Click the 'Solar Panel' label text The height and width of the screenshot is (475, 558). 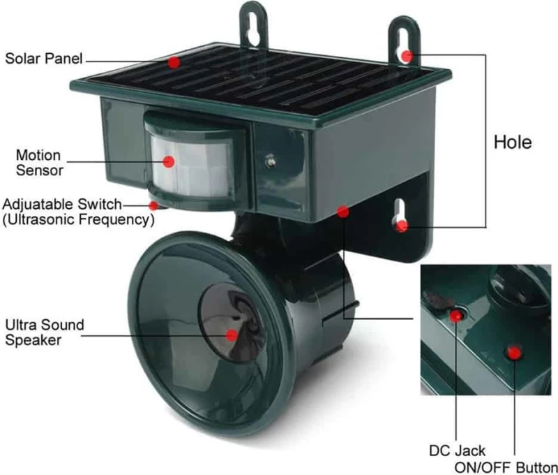click(44, 59)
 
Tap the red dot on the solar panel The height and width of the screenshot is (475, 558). click(174, 62)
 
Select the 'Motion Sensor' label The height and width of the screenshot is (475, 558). click(39, 163)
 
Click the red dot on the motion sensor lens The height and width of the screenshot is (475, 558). click(169, 161)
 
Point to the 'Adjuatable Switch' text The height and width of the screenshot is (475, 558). click(62, 204)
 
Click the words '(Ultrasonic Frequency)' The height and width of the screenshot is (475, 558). click(78, 219)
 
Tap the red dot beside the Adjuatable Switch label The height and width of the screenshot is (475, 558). click(153, 205)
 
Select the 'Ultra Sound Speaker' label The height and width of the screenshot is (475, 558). click(45, 332)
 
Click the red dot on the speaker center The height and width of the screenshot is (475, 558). click(232, 335)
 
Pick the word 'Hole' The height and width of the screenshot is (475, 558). click(513, 142)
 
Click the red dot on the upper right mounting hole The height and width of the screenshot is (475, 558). click(407, 56)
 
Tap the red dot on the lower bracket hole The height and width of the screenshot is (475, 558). click(402, 226)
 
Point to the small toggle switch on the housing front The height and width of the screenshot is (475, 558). click(271, 161)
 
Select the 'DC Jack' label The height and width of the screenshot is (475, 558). click(457, 451)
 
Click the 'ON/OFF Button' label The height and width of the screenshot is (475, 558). click(506, 467)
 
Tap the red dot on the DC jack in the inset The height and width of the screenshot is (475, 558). click(456, 315)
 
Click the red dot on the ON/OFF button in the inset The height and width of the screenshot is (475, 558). click(514, 353)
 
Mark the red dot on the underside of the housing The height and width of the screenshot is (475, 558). click(342, 212)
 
